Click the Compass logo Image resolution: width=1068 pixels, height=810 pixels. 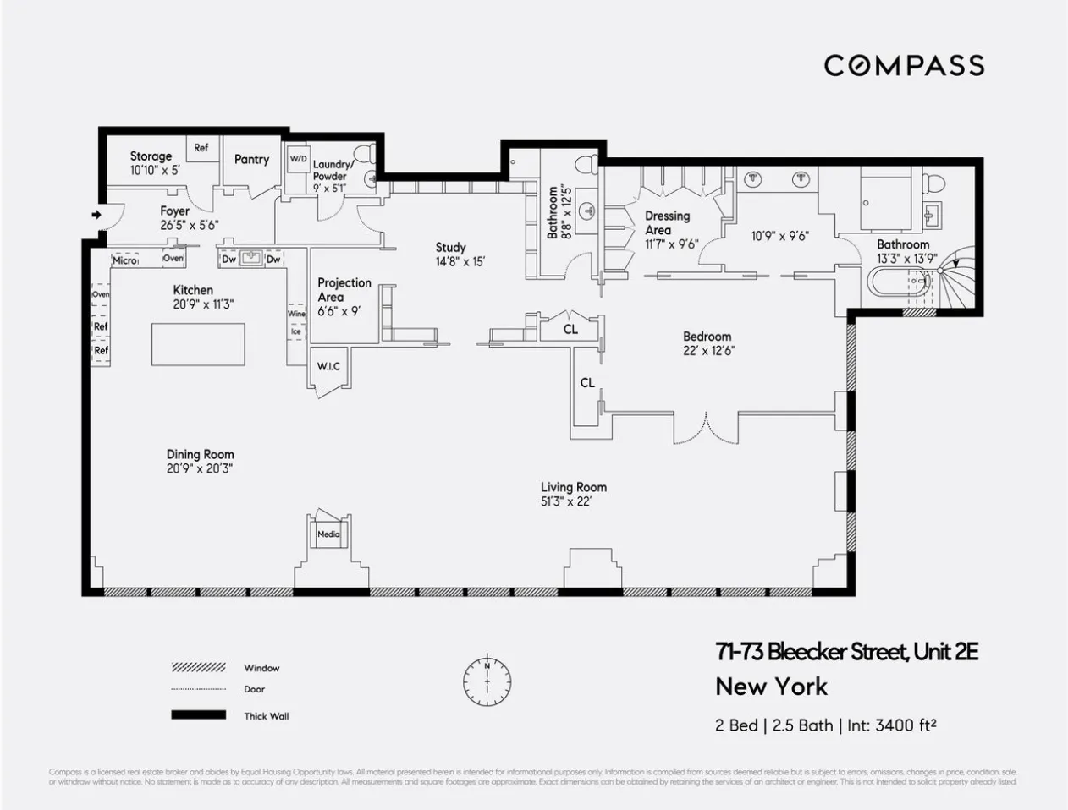click(904, 65)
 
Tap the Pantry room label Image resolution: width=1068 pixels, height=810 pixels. click(251, 159)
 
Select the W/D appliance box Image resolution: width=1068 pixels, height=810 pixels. click(298, 159)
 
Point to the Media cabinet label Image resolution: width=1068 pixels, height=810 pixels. click(328, 534)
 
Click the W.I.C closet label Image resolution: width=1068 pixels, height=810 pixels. click(328, 366)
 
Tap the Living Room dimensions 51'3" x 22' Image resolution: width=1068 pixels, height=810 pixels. click(574, 501)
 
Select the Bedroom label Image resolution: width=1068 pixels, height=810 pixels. click(707, 337)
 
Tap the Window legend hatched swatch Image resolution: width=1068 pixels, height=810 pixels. click(198, 668)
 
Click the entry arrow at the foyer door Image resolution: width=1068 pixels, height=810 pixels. click(96, 215)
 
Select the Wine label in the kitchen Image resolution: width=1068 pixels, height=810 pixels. click(296, 314)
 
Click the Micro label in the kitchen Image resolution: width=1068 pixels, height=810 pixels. click(124, 260)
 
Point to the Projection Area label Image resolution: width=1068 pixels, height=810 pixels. click(344, 289)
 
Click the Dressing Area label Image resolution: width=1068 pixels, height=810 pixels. click(667, 222)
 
